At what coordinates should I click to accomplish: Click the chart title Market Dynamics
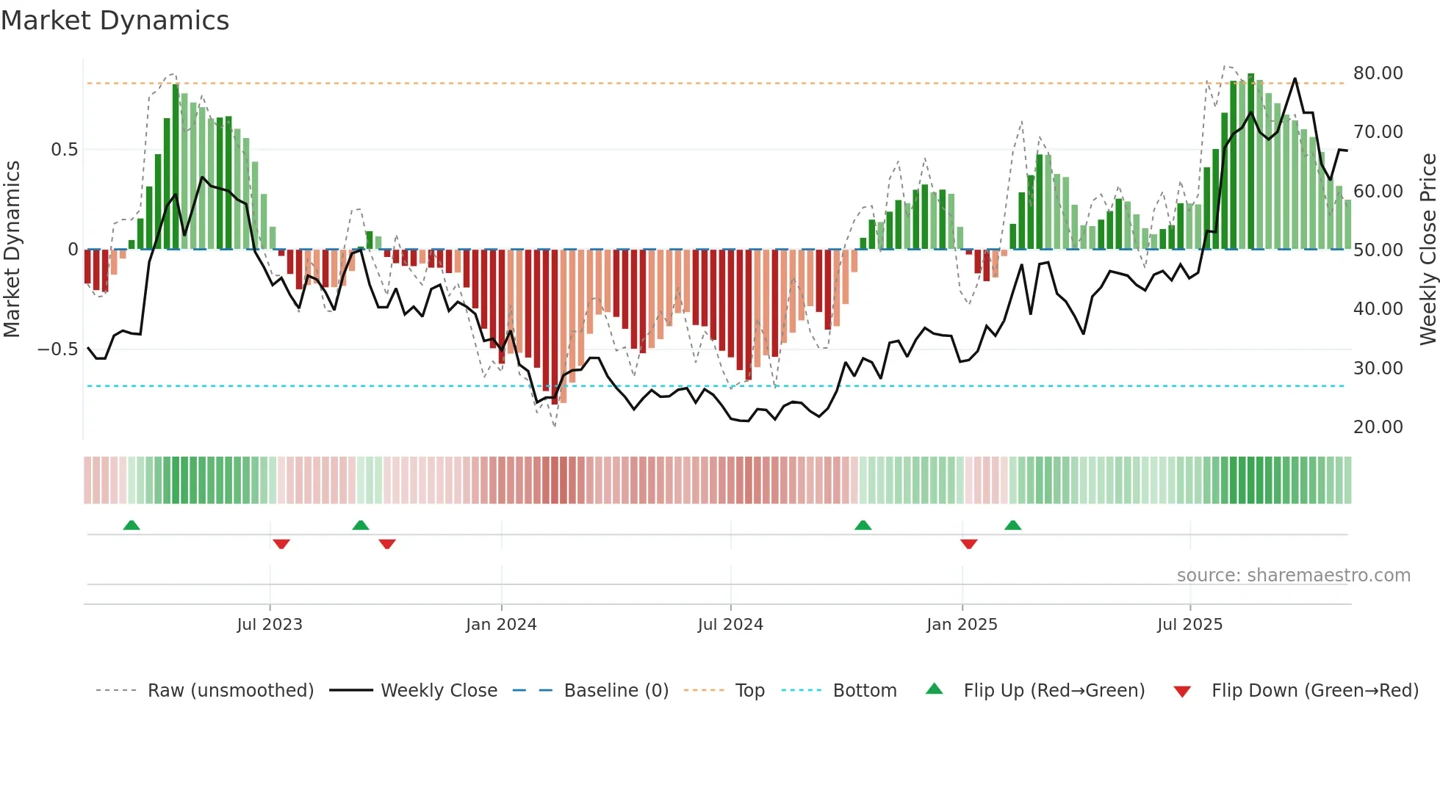[x=115, y=21]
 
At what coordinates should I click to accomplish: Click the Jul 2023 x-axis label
[x=270, y=625]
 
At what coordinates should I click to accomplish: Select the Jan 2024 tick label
[x=501, y=625]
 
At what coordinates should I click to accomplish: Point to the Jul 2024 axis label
[x=730, y=625]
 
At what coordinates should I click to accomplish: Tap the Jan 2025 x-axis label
[x=962, y=625]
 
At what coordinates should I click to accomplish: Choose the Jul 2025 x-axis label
[x=1189, y=625]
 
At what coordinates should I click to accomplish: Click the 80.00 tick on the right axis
[x=1378, y=73]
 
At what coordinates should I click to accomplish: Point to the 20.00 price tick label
[x=1378, y=427]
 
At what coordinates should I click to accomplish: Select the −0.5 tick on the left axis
[x=57, y=349]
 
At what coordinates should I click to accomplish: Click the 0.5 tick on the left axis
[x=64, y=150]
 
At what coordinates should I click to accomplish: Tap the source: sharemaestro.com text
[x=1293, y=576]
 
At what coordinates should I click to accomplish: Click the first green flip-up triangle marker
[x=132, y=525]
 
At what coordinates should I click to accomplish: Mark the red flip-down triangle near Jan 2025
[x=968, y=544]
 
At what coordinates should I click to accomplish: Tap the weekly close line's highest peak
[x=1295, y=79]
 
